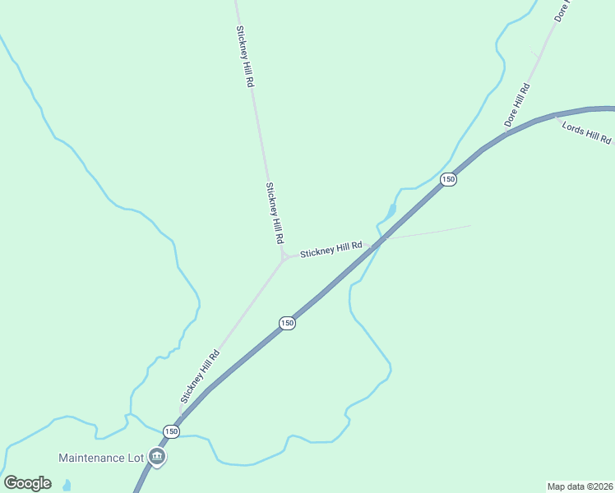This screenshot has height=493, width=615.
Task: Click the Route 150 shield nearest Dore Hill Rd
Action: [x=447, y=179]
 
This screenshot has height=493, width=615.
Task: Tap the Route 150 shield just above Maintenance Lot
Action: [x=171, y=431]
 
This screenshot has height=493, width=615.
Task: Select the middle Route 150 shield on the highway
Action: [x=286, y=323]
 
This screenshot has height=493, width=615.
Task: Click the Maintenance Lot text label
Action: [x=101, y=457]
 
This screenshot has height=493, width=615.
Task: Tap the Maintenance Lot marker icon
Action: [x=157, y=457]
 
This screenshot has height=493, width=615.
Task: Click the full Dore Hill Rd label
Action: [x=517, y=105]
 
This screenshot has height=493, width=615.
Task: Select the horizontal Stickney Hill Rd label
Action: [x=331, y=249]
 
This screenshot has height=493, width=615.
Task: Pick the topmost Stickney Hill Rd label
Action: [x=245, y=57]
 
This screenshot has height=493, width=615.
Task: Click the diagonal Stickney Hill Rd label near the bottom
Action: [x=200, y=376]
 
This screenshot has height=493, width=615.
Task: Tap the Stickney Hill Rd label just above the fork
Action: [x=275, y=213]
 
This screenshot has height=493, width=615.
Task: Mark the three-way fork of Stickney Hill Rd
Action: [x=284, y=258]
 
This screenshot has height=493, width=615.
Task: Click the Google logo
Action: [x=27, y=483]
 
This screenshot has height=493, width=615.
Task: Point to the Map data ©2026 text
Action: [x=580, y=486]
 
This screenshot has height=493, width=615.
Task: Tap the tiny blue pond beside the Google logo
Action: [x=67, y=486]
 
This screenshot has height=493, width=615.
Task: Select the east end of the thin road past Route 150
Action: [x=470, y=225]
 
